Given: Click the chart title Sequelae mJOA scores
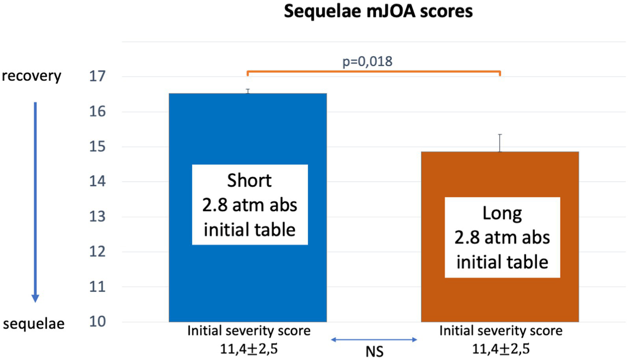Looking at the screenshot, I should coord(378,11).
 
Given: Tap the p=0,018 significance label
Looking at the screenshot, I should coord(367,62).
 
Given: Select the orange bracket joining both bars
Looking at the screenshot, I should coord(373,72).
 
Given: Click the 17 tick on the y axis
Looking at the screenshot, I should coord(98,76).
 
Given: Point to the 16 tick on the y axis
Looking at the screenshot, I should coord(98,112).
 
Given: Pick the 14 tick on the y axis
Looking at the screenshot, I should coord(98,181).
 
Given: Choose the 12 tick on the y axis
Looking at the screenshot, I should coord(98,251).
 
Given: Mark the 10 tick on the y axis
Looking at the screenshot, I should coord(98,322).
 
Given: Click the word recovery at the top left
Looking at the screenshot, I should coord(32,76).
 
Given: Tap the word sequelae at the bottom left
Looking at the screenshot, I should coord(34,324).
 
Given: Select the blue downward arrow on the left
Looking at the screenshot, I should coord(35,201).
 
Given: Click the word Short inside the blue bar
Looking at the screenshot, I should coord(249,181).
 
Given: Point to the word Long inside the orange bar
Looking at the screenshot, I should coord(502,214).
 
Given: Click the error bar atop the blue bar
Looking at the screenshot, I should coord(248,91).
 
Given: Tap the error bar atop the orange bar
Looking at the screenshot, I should coord(500,143).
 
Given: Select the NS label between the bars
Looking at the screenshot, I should coord(374,352).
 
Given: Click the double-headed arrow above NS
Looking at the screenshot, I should coord(374,339).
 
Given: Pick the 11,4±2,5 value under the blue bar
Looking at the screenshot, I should coord(249,349).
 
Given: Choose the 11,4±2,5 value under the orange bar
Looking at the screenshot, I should coord(501,349).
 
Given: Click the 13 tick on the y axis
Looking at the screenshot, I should coord(98,216).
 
